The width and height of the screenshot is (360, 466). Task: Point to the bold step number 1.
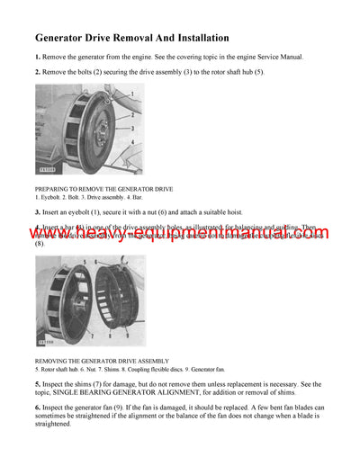click(x=37, y=58)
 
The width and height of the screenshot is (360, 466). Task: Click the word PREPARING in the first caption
click(x=55, y=189)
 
